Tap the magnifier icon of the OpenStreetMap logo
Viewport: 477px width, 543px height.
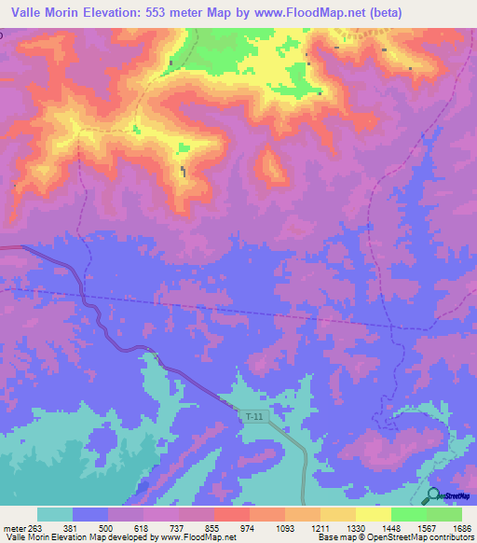[433, 495]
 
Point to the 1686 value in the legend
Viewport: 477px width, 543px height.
[461, 527]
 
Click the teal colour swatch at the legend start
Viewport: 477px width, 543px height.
[55, 514]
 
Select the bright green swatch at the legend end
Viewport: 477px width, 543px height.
[444, 514]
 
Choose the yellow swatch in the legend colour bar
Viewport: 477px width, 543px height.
[374, 514]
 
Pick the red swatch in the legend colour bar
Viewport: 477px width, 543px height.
[232, 514]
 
